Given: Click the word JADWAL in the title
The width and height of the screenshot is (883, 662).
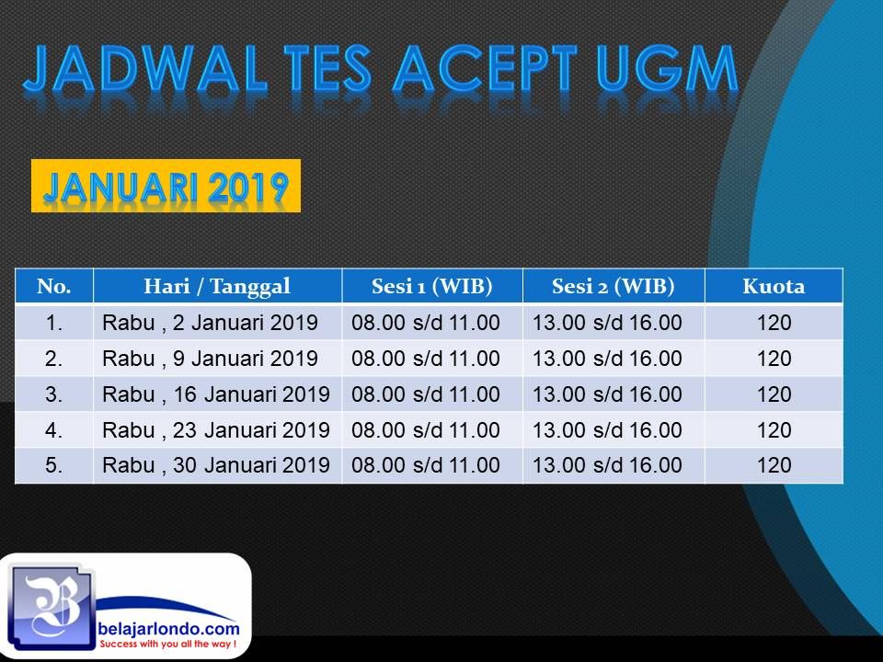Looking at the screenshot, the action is tap(144, 69).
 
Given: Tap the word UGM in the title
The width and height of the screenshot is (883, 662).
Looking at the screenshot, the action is tap(668, 69).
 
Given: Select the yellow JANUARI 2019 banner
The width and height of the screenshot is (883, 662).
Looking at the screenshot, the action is tap(166, 186).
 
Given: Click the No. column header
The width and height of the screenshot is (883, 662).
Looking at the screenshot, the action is tap(54, 286).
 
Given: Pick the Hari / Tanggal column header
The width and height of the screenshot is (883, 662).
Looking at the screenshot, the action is tap(217, 286).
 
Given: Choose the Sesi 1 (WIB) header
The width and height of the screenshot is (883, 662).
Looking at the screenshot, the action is tap(432, 286).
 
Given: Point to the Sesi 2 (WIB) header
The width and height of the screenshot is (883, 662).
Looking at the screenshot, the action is tap(614, 286).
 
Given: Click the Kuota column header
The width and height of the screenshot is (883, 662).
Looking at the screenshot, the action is tap(774, 286).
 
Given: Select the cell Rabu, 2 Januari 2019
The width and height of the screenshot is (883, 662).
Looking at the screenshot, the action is tap(210, 323).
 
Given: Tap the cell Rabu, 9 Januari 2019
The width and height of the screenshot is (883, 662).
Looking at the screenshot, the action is tap(210, 358).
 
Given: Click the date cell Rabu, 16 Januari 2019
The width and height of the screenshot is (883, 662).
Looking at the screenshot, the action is tap(215, 394).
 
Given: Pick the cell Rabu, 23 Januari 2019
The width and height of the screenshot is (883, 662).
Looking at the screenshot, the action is tap(215, 430).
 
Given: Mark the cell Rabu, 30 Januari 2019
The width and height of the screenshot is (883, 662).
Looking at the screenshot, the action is tap(215, 465).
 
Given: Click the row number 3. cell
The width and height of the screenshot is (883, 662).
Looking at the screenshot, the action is tap(54, 394).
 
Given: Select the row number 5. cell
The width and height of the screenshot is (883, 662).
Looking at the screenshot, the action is tap(54, 465).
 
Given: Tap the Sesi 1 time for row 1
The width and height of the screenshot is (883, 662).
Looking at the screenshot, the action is tap(426, 323).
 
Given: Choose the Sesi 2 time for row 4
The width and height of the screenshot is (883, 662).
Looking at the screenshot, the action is tap(607, 430).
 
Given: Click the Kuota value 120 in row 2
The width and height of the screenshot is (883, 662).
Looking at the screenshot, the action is tap(774, 358).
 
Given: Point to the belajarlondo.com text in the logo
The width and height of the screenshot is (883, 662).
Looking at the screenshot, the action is tap(168, 629).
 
